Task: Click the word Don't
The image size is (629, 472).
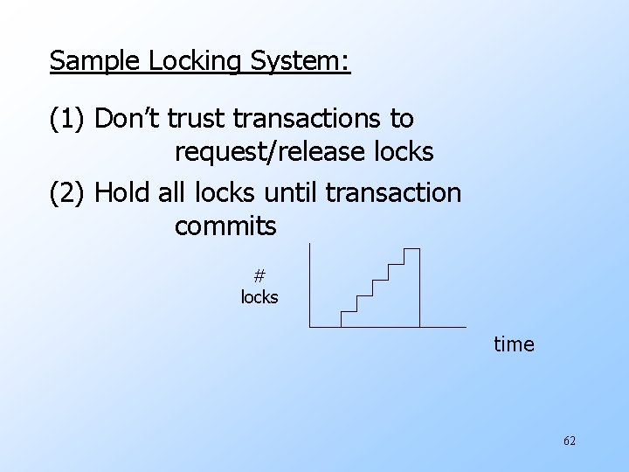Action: point(130,118)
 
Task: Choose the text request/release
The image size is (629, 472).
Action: point(267,153)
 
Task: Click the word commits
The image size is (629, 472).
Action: point(225,227)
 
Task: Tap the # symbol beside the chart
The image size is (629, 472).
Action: point(259,276)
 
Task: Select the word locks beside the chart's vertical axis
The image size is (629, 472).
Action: point(259,297)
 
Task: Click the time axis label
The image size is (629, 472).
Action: point(514,344)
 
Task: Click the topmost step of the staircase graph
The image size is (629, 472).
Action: point(411,250)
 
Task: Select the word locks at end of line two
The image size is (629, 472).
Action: point(401,153)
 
